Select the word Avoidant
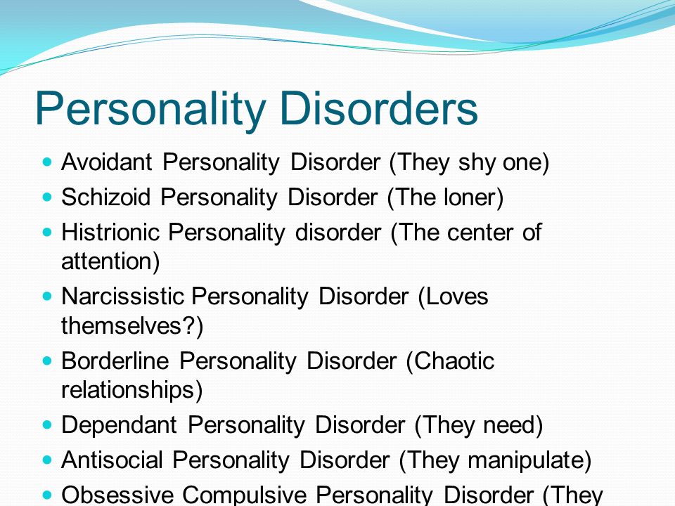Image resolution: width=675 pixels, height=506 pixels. point(107,162)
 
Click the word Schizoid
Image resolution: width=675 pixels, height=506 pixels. point(106,197)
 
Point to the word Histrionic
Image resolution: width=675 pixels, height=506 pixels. point(110,233)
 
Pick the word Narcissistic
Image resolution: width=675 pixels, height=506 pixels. point(122,297)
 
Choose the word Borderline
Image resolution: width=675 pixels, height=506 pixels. point(115,361)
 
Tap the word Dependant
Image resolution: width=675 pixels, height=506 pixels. point(120,425)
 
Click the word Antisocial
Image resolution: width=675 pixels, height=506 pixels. point(112,460)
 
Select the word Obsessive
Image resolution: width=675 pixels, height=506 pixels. point(117,495)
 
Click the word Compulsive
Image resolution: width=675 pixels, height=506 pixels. point(244,495)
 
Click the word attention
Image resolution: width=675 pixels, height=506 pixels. point(106,261)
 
